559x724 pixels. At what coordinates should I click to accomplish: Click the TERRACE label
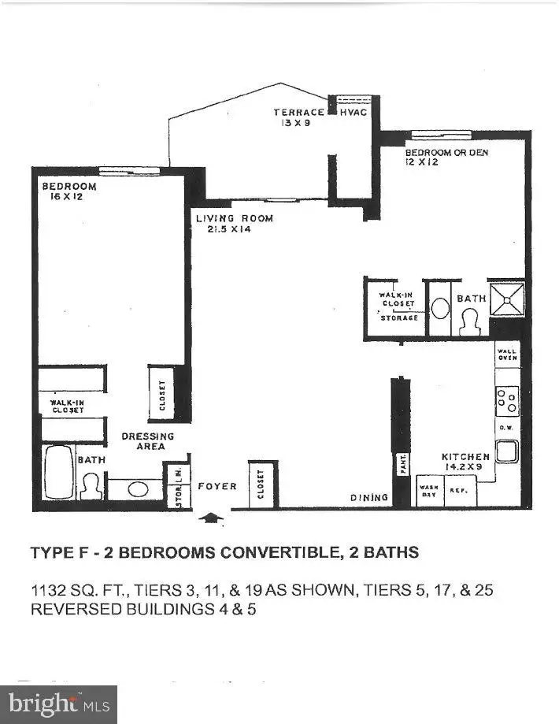pyautogui.click(x=298, y=113)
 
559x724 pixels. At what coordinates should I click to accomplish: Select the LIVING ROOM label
pyautogui.click(x=235, y=218)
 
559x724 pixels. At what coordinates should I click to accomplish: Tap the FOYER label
pyautogui.click(x=217, y=487)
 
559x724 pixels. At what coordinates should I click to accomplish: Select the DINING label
pyautogui.click(x=370, y=498)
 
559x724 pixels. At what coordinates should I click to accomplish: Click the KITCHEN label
pyautogui.click(x=465, y=457)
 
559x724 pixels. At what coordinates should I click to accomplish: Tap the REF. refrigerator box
pyautogui.click(x=458, y=490)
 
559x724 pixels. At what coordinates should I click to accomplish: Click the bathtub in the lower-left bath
pyautogui.click(x=57, y=471)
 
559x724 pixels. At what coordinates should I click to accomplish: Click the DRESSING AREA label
pyautogui.click(x=148, y=441)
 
